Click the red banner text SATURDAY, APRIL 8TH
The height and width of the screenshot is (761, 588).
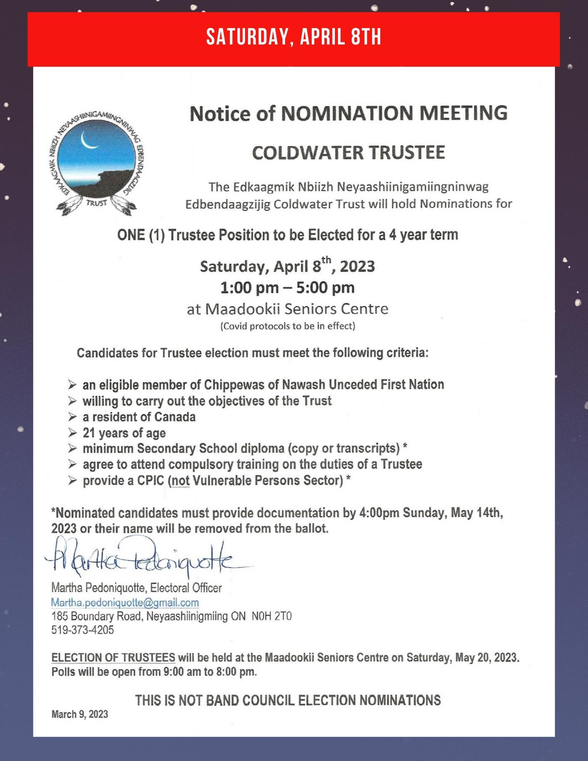(x=293, y=38)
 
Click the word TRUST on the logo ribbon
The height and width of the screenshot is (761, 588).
(x=96, y=203)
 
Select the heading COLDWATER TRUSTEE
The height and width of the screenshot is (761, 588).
(x=348, y=153)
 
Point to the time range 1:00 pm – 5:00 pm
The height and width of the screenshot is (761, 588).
(x=287, y=288)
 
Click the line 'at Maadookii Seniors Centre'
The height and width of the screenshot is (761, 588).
(x=287, y=309)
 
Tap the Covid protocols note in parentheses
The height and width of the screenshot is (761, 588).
(x=287, y=326)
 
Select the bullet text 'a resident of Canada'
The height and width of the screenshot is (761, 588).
(x=139, y=417)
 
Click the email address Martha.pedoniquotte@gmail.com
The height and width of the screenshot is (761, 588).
(x=125, y=602)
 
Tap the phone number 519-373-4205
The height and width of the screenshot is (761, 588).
(x=83, y=630)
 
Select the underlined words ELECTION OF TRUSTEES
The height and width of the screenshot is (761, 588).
(x=113, y=658)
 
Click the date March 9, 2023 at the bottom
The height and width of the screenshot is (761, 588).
(x=80, y=714)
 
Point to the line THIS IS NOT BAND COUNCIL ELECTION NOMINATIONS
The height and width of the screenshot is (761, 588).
(x=288, y=700)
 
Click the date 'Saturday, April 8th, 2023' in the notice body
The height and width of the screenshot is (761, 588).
(x=287, y=266)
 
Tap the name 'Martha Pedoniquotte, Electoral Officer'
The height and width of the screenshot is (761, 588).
(x=136, y=588)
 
